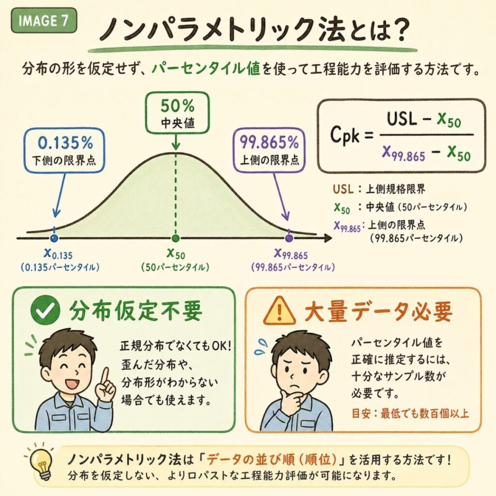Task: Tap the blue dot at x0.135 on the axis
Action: [x=54, y=238]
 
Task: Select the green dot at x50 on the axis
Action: [x=175, y=238]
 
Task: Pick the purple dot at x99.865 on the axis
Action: [x=289, y=238]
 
